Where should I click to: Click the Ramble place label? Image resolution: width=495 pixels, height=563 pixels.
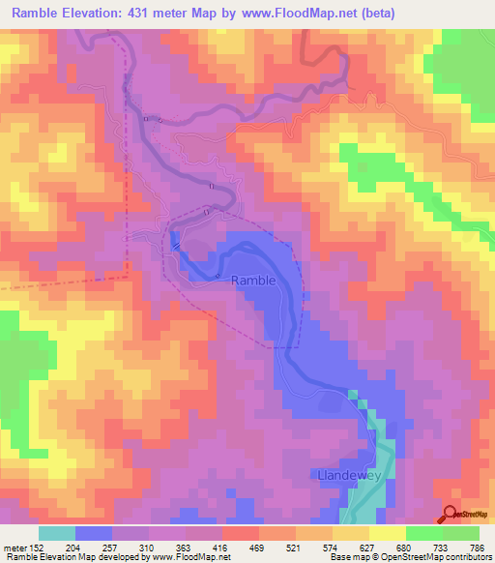tap(254, 280)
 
